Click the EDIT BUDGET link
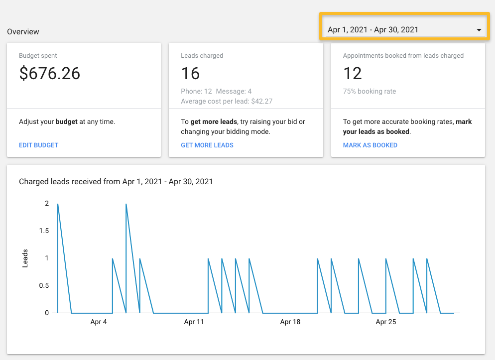pyautogui.click(x=38, y=145)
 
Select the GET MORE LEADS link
pyautogui.click(x=207, y=145)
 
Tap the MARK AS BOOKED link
pyautogui.click(x=370, y=145)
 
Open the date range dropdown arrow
pyautogui.click(x=479, y=30)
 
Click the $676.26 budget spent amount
pyautogui.click(x=49, y=74)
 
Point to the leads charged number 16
pyautogui.click(x=190, y=74)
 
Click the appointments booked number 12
pyautogui.click(x=353, y=74)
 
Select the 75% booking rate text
pyautogui.click(x=370, y=92)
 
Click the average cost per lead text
pyautogui.click(x=227, y=102)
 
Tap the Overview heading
pyautogui.click(x=23, y=32)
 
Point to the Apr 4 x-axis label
pyautogui.click(x=99, y=322)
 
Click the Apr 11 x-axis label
pyautogui.click(x=194, y=322)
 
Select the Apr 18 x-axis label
pyautogui.click(x=290, y=322)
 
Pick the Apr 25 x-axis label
pyautogui.click(x=385, y=322)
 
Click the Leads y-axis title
pyautogui.click(x=25, y=258)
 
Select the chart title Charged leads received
pyautogui.click(x=116, y=182)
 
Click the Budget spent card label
pyautogui.click(x=38, y=56)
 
